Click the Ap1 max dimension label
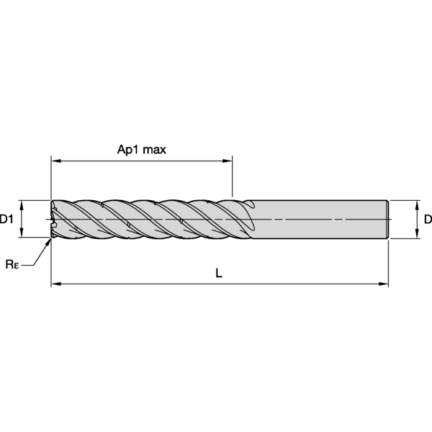(x=142, y=150)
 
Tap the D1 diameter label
(x=6, y=220)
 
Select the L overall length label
(x=219, y=273)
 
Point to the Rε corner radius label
(x=12, y=264)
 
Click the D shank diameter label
(x=428, y=220)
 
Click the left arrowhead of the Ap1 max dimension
(x=56, y=161)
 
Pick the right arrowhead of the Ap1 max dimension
(x=228, y=161)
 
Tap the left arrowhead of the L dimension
(x=56, y=284)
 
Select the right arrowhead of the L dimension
(x=383, y=284)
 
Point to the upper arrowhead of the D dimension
(x=417, y=205)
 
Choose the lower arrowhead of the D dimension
(x=417, y=233)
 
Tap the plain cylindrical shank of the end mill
(x=320, y=220)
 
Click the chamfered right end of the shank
(x=387, y=220)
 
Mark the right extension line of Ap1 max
(x=233, y=176)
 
